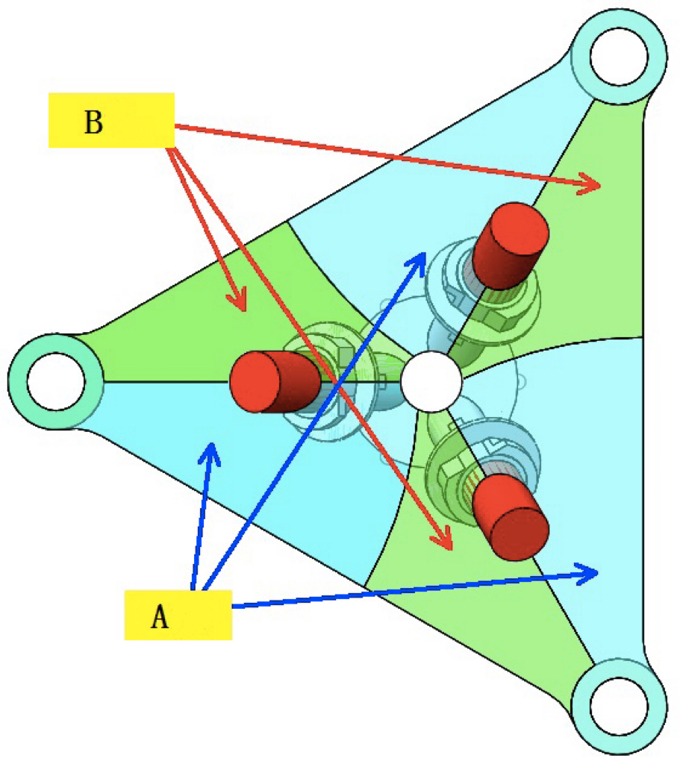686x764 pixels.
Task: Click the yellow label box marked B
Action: pyautogui.click(x=111, y=119)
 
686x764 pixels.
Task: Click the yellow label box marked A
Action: pyautogui.click(x=178, y=614)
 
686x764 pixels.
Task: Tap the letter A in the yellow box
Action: pyautogui.click(x=159, y=617)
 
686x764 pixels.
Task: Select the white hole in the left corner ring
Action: pyautogui.click(x=56, y=381)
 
